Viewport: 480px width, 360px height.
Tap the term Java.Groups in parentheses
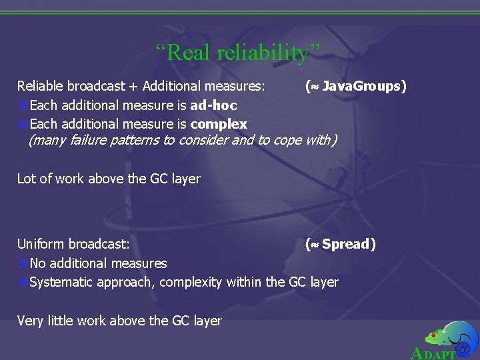pos(360,86)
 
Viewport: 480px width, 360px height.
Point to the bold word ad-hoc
pos(213,105)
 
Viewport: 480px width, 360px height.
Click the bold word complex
pos(219,124)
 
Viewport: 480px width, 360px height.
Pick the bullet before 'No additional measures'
pos(23,264)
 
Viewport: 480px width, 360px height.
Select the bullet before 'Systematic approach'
pos(23,283)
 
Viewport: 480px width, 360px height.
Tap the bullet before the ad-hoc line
pos(23,105)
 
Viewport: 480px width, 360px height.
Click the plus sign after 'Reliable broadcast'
pos(134,86)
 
